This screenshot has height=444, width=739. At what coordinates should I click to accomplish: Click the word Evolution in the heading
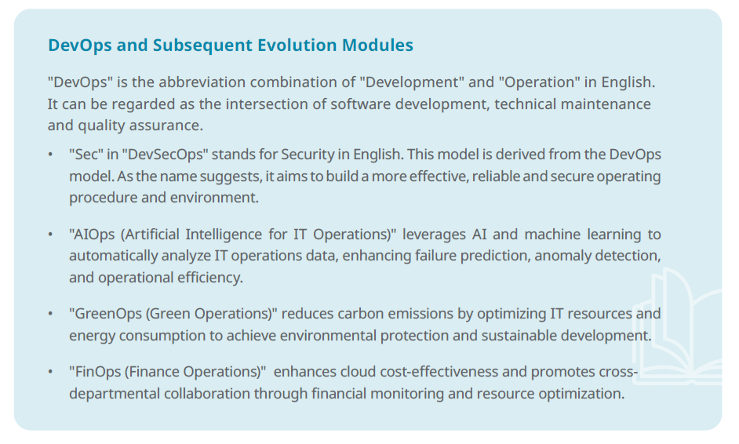coord(297,45)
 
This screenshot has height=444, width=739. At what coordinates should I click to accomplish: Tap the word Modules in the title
coord(377,45)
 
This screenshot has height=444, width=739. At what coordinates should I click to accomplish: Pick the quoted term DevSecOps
coord(165,155)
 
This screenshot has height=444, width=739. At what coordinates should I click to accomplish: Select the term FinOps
coord(96,372)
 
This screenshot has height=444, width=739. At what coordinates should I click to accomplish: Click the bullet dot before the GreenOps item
coord(50,315)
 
